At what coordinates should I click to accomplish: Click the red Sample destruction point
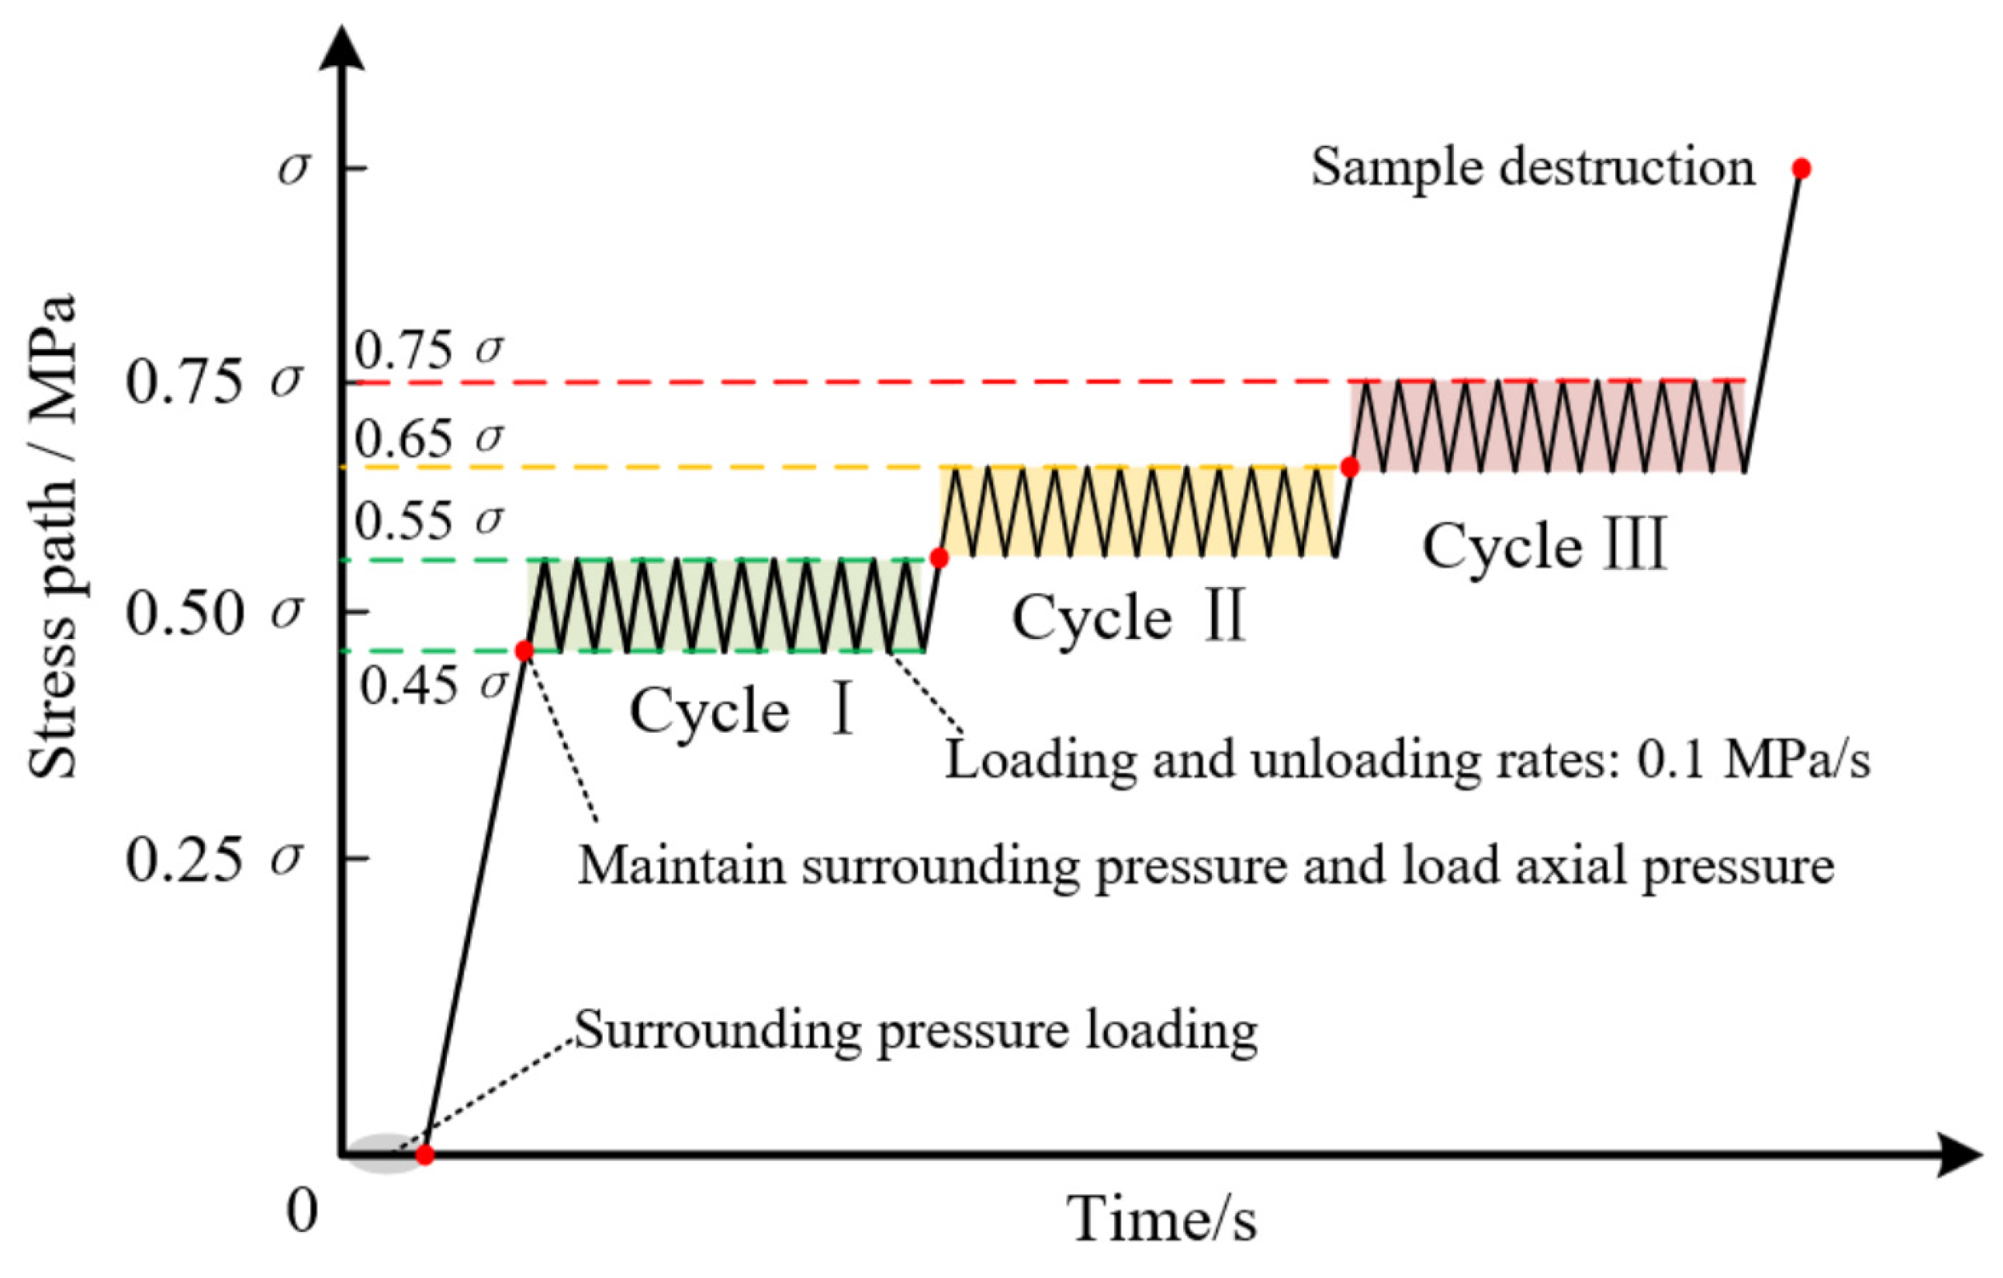coord(1800,169)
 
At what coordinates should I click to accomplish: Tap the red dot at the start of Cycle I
coord(524,651)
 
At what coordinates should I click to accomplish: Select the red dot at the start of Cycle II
coord(939,558)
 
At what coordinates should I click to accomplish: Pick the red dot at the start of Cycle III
coord(1349,467)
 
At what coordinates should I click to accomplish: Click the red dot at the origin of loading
coord(424,1154)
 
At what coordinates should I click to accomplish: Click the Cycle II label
coord(1128,618)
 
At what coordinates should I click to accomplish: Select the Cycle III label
coord(1544,547)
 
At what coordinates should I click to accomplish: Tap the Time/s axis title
coord(1162,1220)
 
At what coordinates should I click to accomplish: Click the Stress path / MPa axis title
coord(52,538)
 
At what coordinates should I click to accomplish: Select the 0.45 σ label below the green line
coord(433,687)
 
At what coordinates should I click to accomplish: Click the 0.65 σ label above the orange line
coord(429,437)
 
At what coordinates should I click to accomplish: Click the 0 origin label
coord(302,1211)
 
